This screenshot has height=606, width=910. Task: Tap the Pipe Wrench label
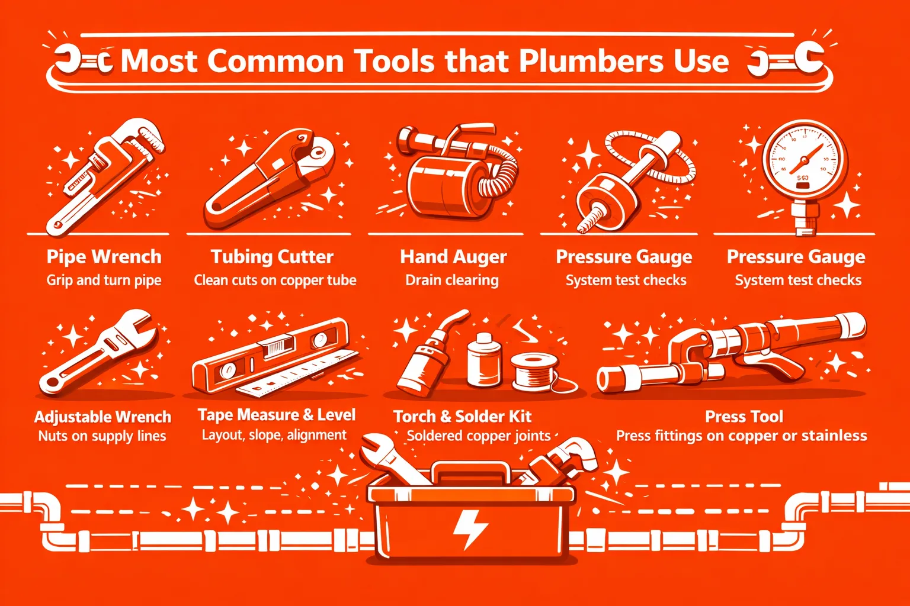pyautogui.click(x=104, y=257)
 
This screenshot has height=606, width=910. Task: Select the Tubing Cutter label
pyautogui.click(x=272, y=257)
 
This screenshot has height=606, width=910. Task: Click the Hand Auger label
pyautogui.click(x=453, y=257)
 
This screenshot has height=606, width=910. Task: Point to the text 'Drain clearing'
pyautogui.click(x=452, y=280)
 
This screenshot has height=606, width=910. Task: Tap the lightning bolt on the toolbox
pyautogui.click(x=470, y=529)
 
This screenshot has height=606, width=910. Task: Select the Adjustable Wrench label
pyautogui.click(x=102, y=417)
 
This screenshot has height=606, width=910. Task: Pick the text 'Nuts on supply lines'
pyautogui.click(x=102, y=436)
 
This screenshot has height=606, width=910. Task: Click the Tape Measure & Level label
pyautogui.click(x=276, y=415)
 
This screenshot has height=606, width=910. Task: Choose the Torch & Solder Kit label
pyautogui.click(x=462, y=417)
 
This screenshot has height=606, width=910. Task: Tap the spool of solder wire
pyautogui.click(x=533, y=372)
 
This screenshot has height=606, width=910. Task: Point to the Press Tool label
pyautogui.click(x=744, y=417)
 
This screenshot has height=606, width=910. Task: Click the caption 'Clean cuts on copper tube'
pyautogui.click(x=275, y=280)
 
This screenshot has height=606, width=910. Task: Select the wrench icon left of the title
pyautogui.click(x=84, y=61)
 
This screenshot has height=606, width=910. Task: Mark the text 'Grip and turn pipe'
pyautogui.click(x=104, y=280)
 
